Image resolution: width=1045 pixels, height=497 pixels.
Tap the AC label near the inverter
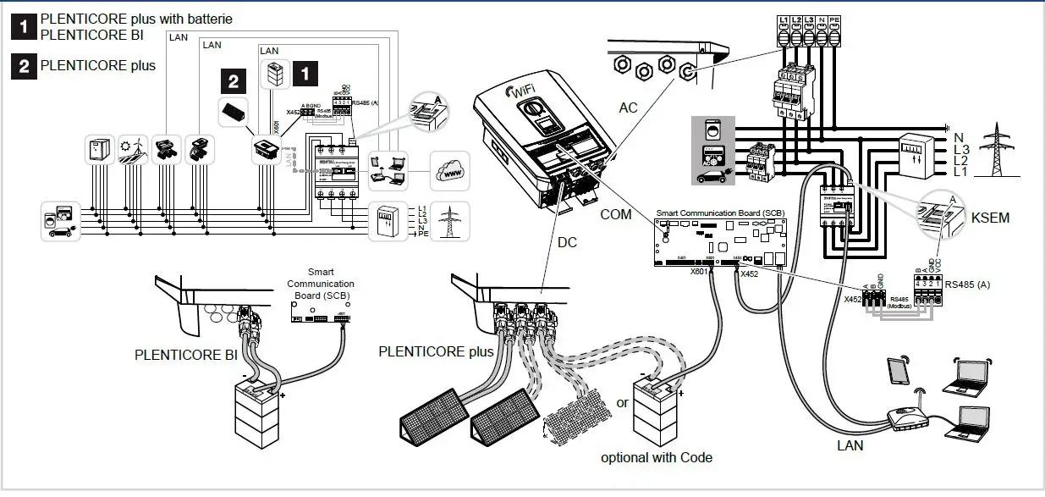click(x=628, y=108)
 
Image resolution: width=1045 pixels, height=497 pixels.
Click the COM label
click(x=615, y=214)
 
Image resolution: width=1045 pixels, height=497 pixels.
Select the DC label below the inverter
click(x=567, y=243)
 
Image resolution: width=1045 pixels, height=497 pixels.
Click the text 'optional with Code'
click(x=657, y=457)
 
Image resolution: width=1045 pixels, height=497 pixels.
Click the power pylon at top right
click(x=999, y=153)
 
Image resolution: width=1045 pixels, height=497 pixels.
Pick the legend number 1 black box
click(x=23, y=27)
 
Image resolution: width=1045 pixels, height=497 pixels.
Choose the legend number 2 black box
click(x=23, y=65)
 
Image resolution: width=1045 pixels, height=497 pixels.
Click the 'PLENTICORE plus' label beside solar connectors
click(x=436, y=351)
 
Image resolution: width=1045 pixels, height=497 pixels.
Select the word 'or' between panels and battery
click(x=622, y=402)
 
